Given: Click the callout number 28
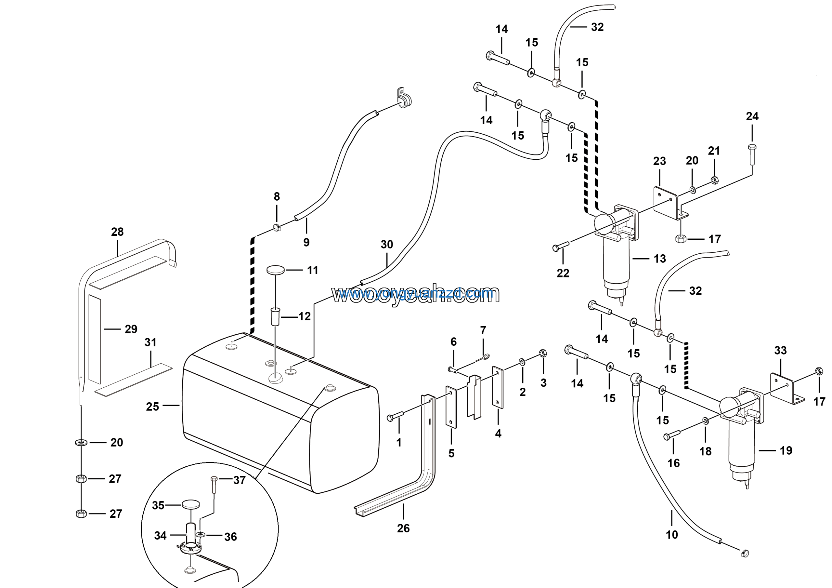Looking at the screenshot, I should pyautogui.click(x=117, y=232).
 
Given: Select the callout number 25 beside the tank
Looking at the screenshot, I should pyautogui.click(x=152, y=407).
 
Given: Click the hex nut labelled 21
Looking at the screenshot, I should pyautogui.click(x=715, y=180).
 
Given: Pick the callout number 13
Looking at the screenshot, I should pyautogui.click(x=659, y=259).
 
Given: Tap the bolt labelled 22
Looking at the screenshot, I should pyautogui.click(x=560, y=247).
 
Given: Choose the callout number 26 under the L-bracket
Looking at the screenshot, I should pyautogui.click(x=403, y=528).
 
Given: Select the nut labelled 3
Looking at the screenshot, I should pyautogui.click(x=543, y=353).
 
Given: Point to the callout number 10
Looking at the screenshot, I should pyautogui.click(x=671, y=534).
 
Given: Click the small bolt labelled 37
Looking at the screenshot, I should pyautogui.click(x=214, y=484).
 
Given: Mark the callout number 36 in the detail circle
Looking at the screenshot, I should pyautogui.click(x=230, y=537).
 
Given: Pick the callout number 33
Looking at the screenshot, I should pyautogui.click(x=780, y=350).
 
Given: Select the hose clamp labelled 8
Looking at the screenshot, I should pyautogui.click(x=277, y=228).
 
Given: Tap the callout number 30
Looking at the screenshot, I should pyautogui.click(x=387, y=244).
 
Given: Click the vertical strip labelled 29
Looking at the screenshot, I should pyautogui.click(x=95, y=339).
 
